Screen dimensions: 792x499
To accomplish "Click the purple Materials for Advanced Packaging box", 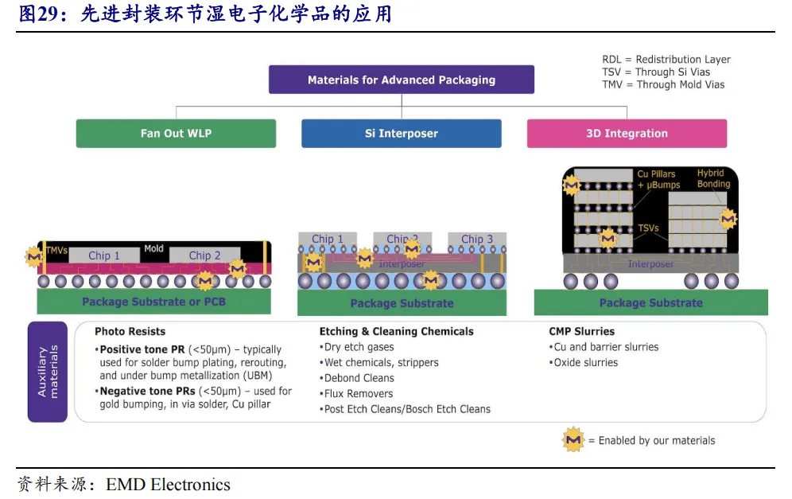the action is [402, 80].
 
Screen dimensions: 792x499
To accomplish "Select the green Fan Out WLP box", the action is [176, 134].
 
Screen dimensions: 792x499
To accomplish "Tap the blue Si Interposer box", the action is [402, 134].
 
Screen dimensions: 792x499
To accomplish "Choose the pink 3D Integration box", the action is [627, 134].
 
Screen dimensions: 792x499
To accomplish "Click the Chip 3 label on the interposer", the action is [477, 239].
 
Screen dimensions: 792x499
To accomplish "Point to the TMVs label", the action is [56, 250].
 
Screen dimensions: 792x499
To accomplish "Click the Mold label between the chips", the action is [153, 248].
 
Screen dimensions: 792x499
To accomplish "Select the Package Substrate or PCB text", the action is [153, 302].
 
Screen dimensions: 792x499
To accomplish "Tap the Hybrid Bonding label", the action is [714, 178].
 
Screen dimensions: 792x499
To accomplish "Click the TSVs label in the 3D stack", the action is [648, 228].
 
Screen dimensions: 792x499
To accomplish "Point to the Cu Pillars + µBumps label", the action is [658, 180].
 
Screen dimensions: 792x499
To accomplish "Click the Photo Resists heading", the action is [130, 331].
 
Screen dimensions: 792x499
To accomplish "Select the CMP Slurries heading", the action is [582, 331].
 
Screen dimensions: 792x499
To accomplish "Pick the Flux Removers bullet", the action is [356, 393].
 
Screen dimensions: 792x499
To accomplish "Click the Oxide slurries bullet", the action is [584, 362].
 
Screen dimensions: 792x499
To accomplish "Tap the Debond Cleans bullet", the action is [356, 378].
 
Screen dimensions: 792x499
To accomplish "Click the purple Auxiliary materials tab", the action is [48, 372].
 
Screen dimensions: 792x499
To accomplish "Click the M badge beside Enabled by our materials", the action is [573, 440].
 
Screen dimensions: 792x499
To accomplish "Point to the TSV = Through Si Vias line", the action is [656, 72].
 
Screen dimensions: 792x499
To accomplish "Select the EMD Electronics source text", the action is [169, 485].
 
